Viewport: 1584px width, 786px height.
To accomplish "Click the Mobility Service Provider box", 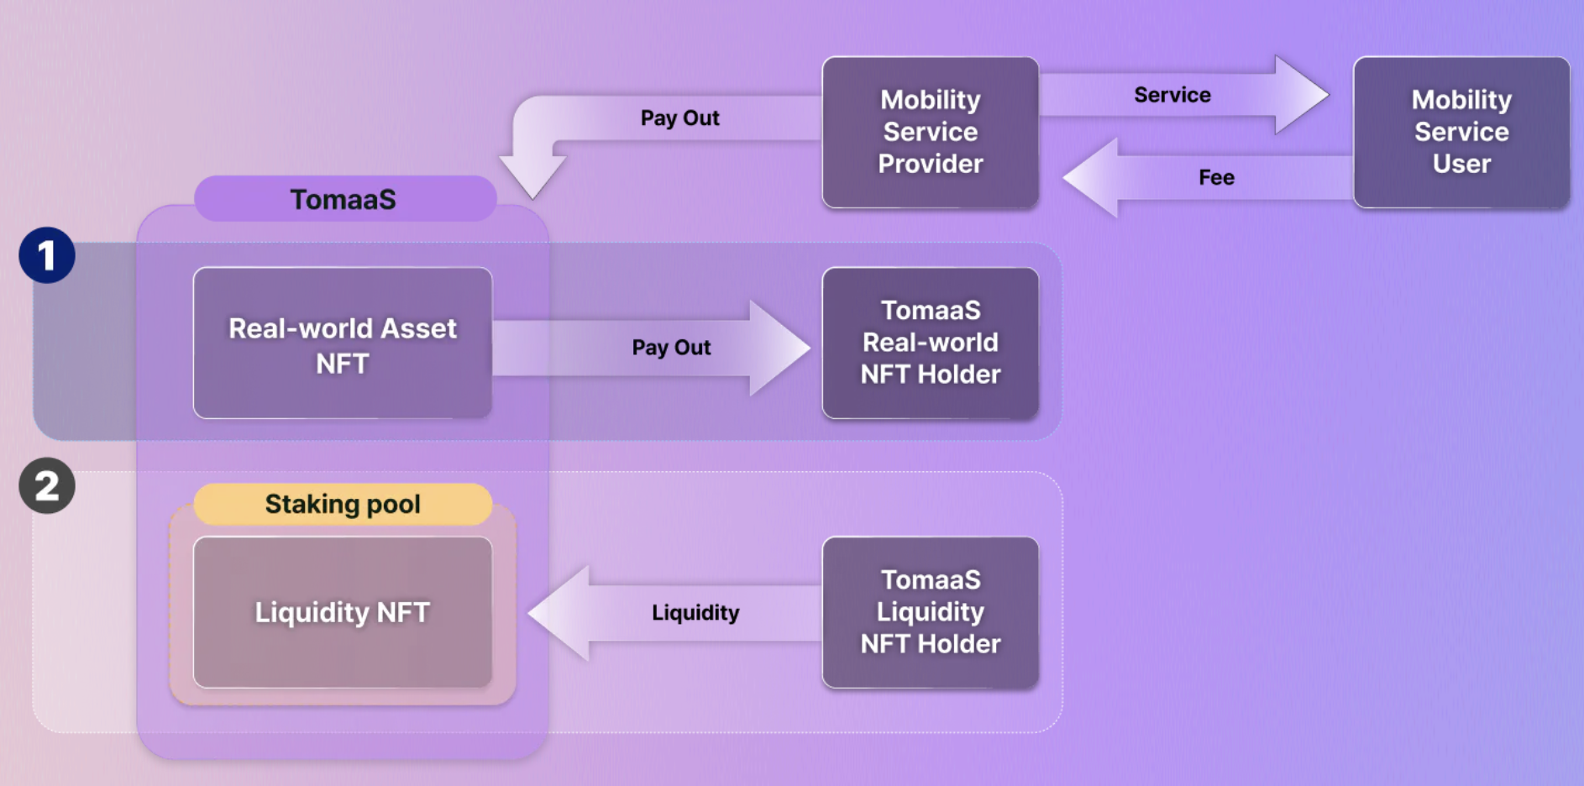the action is coord(931,132).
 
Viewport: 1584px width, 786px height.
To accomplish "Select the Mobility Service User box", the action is coord(1461,132).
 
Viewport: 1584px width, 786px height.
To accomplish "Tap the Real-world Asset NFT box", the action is coord(343,343).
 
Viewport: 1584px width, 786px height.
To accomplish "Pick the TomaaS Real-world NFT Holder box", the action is coord(931,343).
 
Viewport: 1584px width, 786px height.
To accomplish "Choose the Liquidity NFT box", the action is coord(343,612).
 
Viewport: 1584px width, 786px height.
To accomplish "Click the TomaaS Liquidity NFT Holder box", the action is coord(931,612).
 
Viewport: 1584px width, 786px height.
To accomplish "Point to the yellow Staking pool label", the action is coord(343,504).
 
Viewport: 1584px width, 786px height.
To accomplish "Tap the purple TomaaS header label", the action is coord(344,199).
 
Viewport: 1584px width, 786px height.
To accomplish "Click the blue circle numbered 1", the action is coord(47,255).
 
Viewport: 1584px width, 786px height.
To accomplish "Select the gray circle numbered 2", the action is coord(47,485).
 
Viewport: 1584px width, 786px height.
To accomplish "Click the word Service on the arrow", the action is coord(1172,95).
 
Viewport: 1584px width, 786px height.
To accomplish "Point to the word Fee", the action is coord(1216,177).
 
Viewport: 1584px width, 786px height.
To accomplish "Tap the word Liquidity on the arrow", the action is coord(695,612).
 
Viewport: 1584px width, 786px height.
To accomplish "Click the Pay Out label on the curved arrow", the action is coord(679,118).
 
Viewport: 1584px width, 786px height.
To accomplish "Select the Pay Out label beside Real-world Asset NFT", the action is coord(671,347).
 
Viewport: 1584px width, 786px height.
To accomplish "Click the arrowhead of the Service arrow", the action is coord(1300,95).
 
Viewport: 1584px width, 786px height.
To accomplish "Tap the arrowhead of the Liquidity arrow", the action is coord(559,613).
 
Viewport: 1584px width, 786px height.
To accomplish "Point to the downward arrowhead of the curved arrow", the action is coord(532,176).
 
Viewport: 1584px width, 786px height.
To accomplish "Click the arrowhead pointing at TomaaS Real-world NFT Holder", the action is coord(779,348).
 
